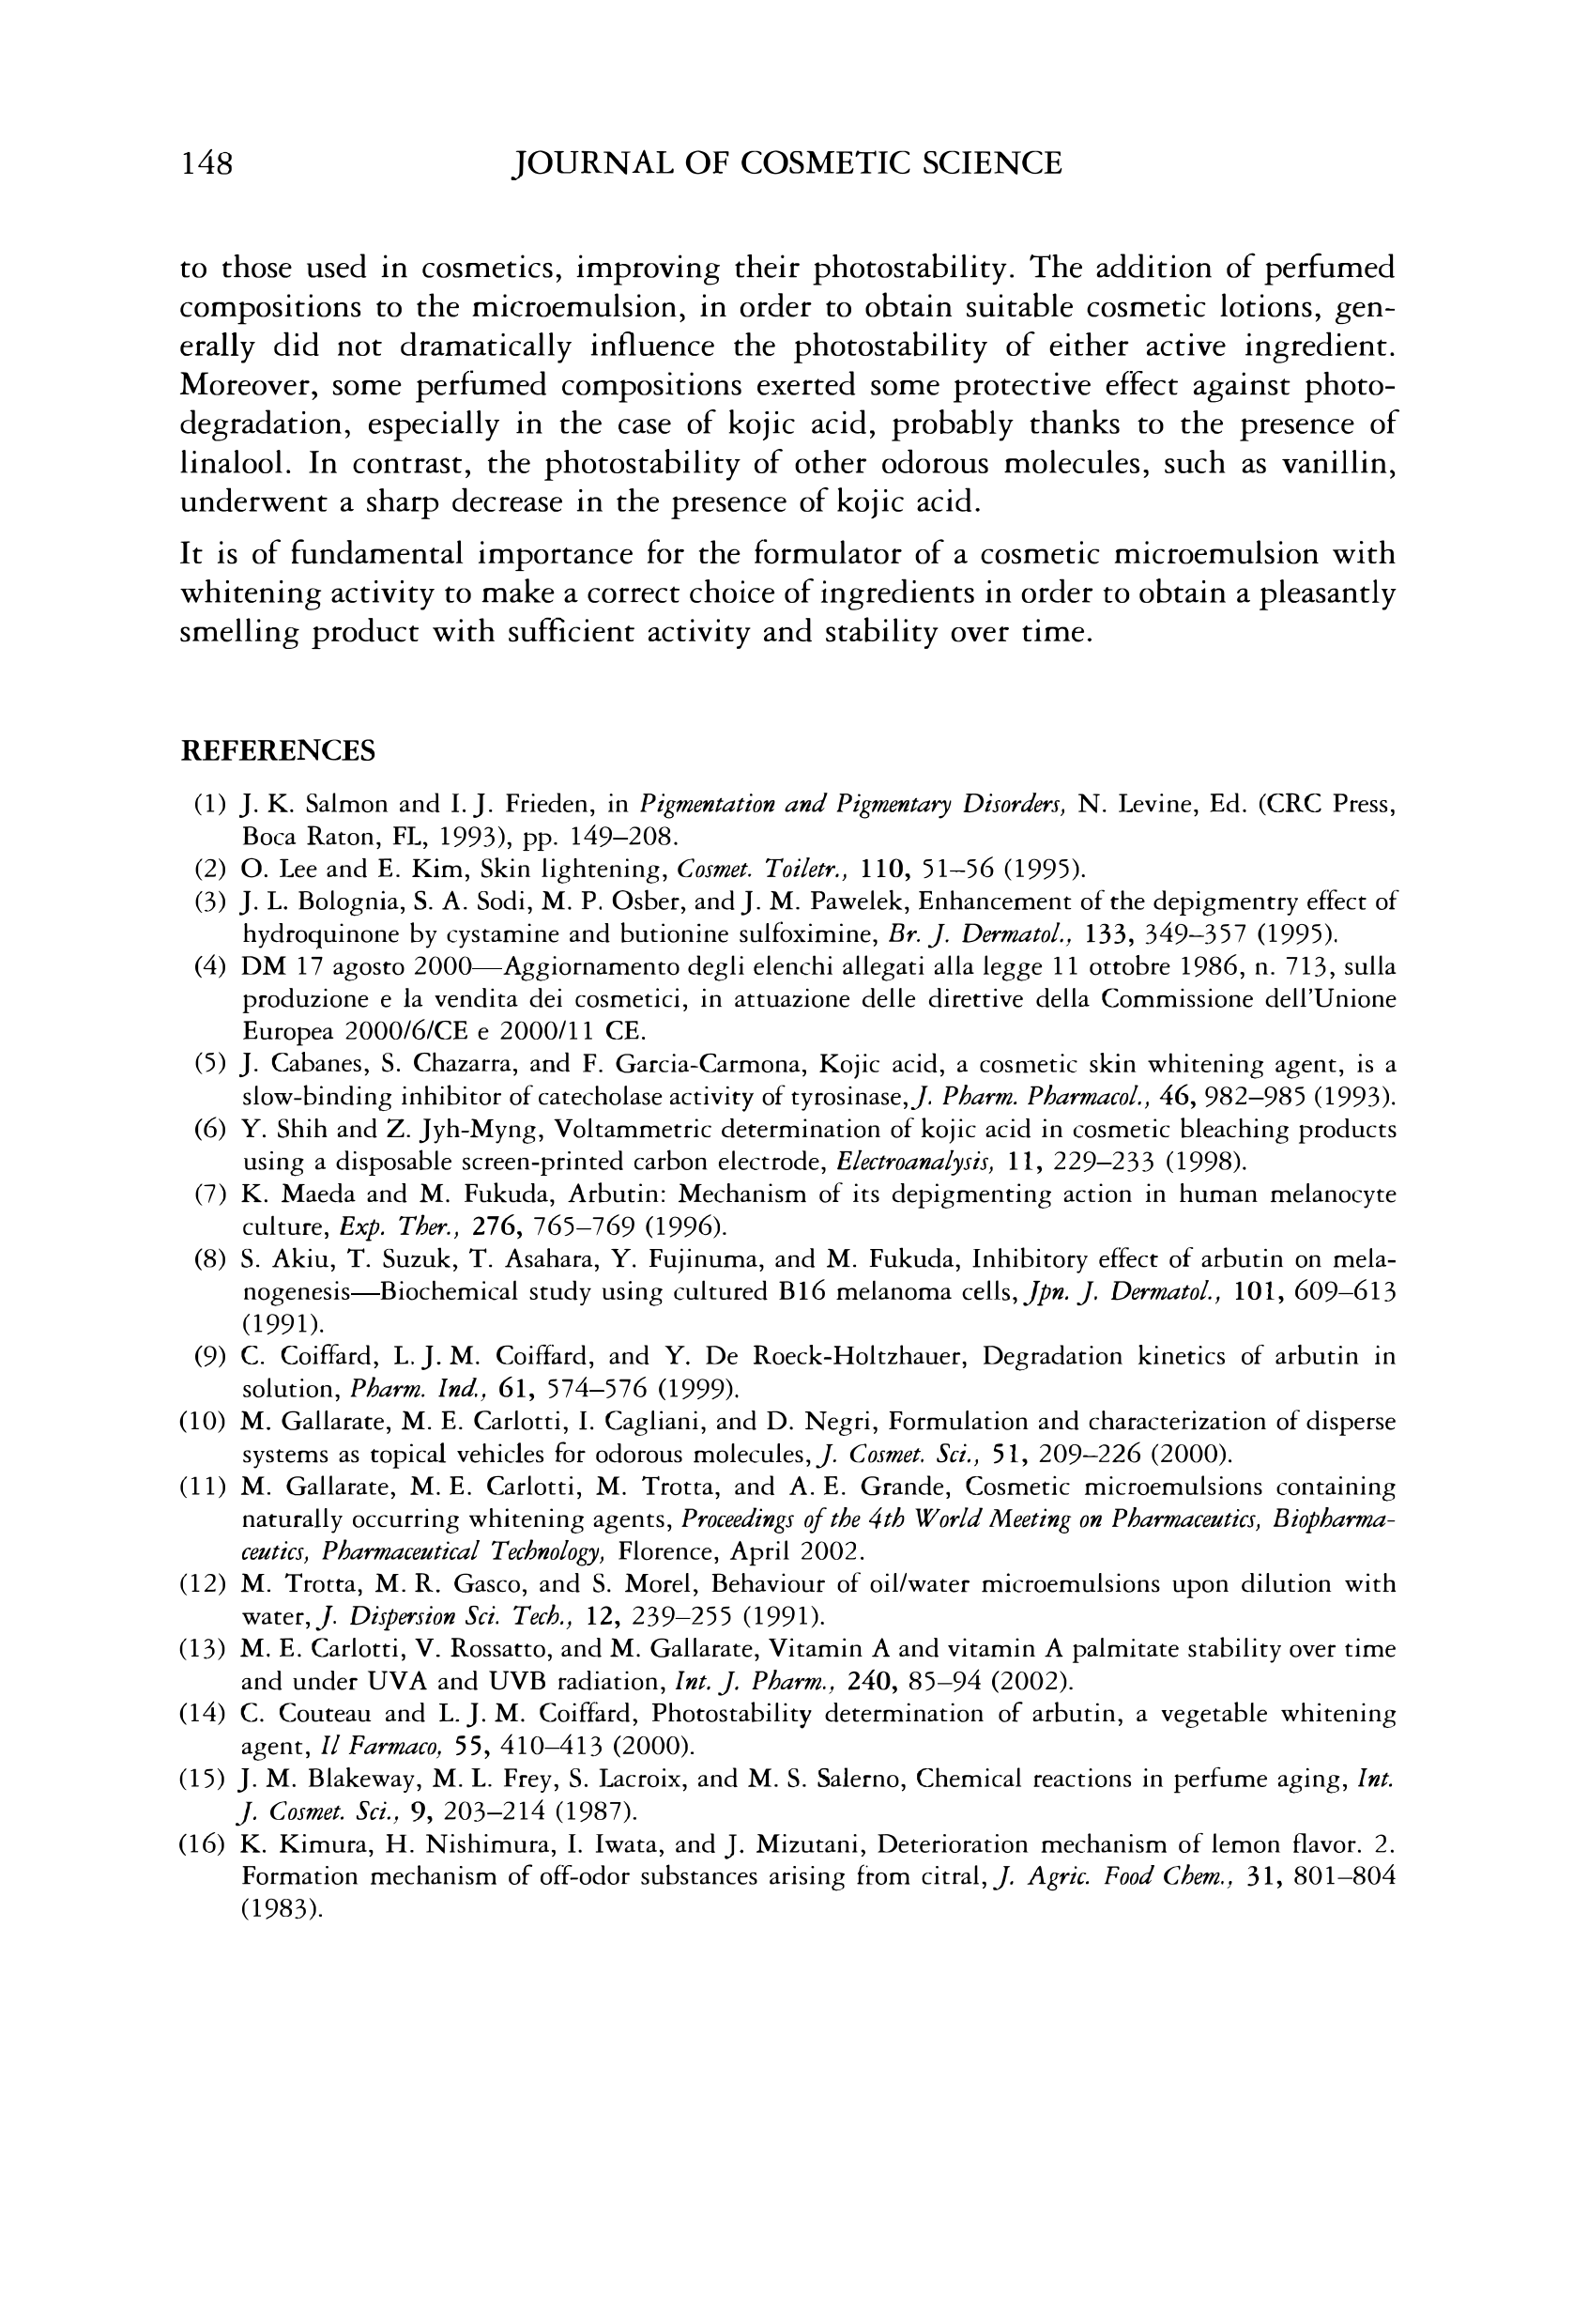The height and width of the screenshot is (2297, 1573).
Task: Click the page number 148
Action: tap(206, 163)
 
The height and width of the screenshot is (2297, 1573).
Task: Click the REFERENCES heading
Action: tap(278, 751)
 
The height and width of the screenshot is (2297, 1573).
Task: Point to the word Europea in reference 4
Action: tap(283, 1031)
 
